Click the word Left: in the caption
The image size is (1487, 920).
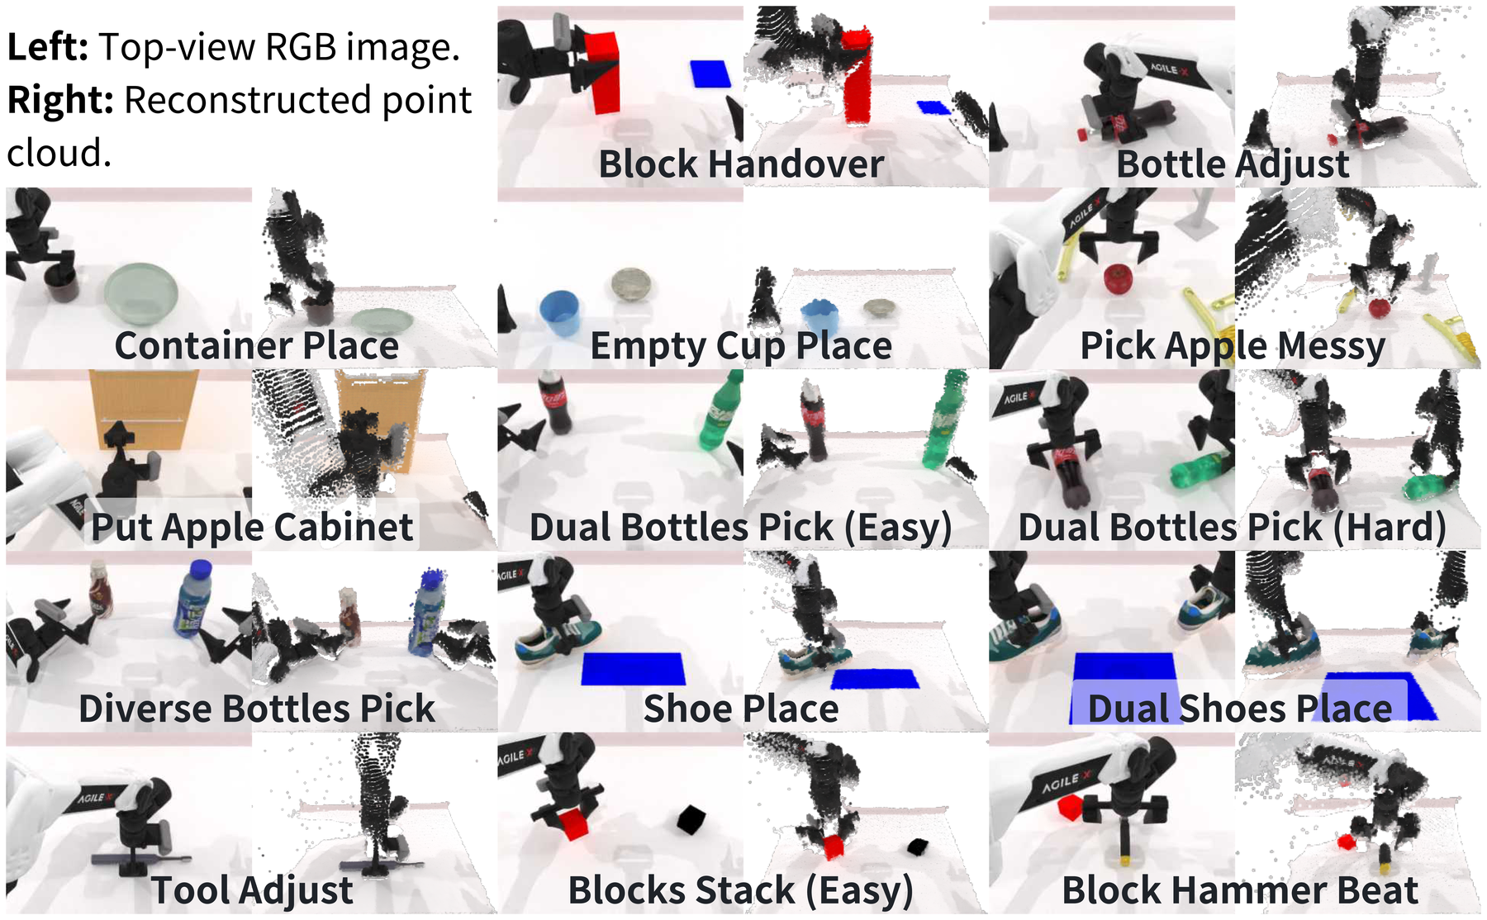48,46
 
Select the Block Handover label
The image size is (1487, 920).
741,164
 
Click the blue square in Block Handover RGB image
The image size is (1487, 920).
711,74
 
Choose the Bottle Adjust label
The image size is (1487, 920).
1233,164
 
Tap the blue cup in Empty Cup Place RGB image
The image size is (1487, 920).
559,312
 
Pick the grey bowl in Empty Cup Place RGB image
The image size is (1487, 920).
632,284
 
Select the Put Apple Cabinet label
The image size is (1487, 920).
252,527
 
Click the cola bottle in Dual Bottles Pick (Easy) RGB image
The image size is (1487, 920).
557,402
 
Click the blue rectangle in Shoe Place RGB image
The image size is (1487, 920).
634,669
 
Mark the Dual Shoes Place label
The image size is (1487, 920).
1239,709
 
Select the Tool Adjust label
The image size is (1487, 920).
252,890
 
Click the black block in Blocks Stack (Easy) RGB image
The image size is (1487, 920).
691,819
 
